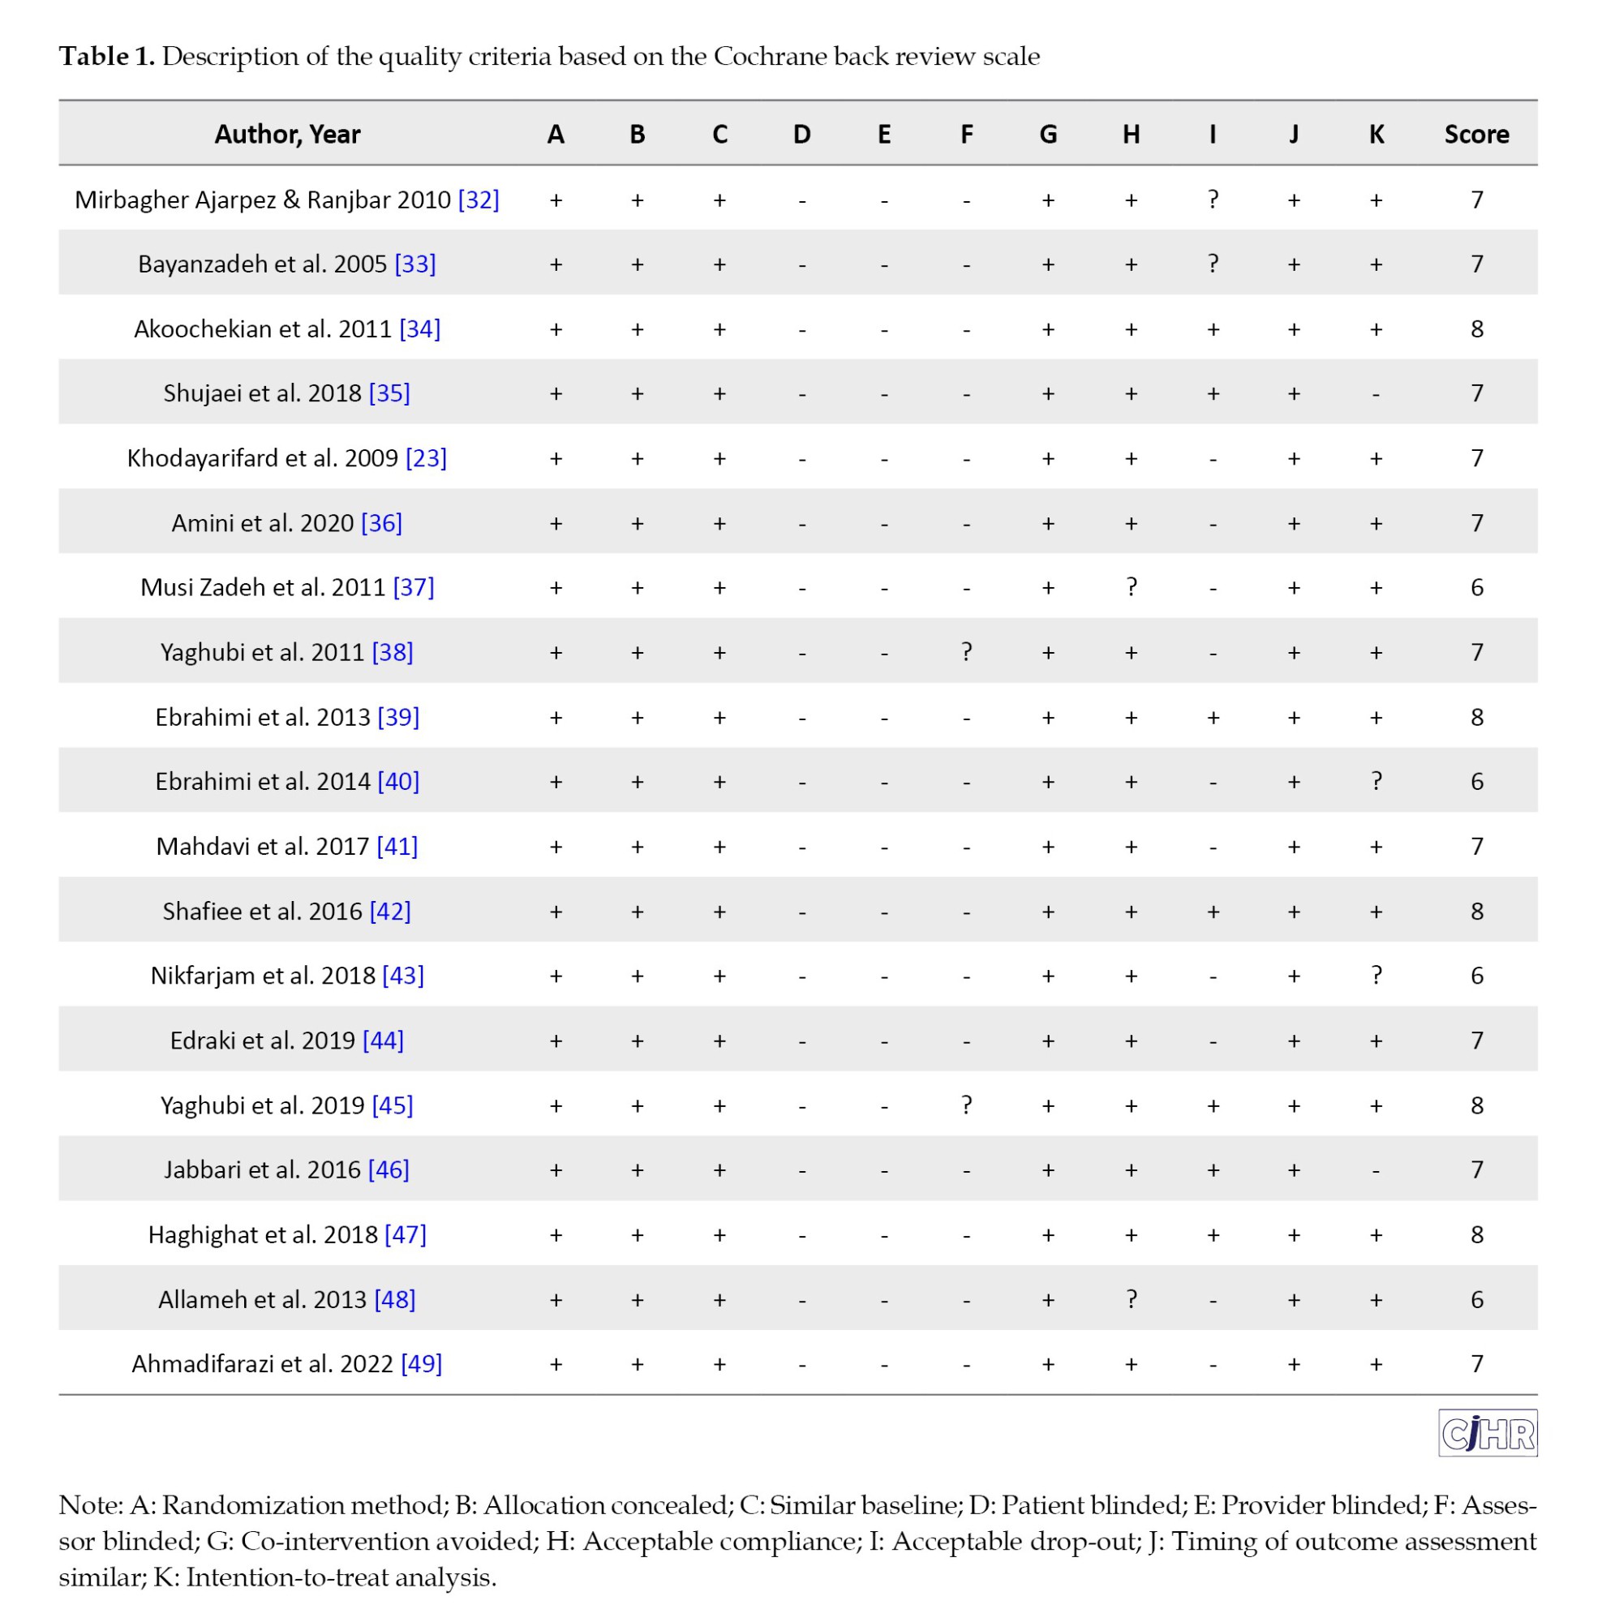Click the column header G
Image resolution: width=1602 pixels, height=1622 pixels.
coord(1048,135)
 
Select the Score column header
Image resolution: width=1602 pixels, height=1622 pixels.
coord(1476,135)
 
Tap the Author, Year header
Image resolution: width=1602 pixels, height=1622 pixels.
coord(287,135)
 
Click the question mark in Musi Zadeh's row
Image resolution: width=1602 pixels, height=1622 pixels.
coord(1131,587)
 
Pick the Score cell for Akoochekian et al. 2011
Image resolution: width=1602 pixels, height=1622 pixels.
coord(1476,328)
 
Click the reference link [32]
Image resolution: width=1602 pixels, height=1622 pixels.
coord(479,200)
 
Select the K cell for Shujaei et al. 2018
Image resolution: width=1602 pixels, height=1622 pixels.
coord(1376,394)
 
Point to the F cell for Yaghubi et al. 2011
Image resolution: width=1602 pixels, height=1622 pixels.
coord(966,651)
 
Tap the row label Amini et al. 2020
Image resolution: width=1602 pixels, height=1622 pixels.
coord(263,523)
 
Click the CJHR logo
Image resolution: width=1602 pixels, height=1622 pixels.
coord(1487,1433)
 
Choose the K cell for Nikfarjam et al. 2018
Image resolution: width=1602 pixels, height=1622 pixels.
coord(1376,975)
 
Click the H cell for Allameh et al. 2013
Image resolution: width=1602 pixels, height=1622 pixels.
coord(1131,1298)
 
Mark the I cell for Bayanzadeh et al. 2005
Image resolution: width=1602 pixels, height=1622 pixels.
coord(1213,264)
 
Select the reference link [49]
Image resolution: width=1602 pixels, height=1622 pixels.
coord(422,1363)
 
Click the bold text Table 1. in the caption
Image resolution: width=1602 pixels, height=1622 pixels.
coord(106,56)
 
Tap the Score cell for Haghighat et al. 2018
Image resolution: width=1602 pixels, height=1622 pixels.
coord(1476,1234)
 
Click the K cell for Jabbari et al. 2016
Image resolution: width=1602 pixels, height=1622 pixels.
coord(1376,1169)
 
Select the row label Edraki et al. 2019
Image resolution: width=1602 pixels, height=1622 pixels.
coord(263,1041)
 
